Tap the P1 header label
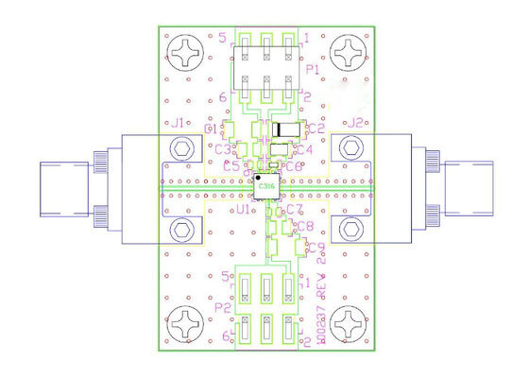(x=313, y=70)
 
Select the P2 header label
(x=224, y=308)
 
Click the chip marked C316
(x=268, y=187)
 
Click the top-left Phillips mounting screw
(x=181, y=49)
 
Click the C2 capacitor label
(x=317, y=128)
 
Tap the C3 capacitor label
(x=223, y=148)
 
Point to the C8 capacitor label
(x=305, y=227)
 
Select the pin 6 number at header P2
(x=224, y=335)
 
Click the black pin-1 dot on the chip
(x=258, y=177)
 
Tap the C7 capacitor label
(x=294, y=209)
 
